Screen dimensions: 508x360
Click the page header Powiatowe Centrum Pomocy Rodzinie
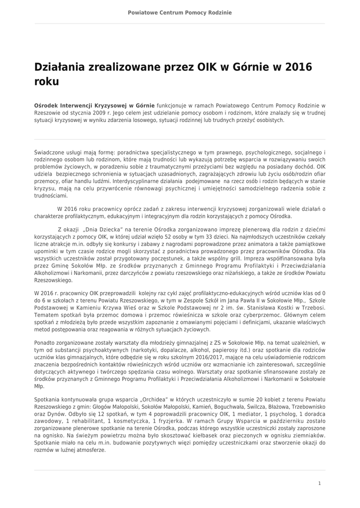click(x=180, y=11)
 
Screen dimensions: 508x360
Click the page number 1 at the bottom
click(x=319, y=483)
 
